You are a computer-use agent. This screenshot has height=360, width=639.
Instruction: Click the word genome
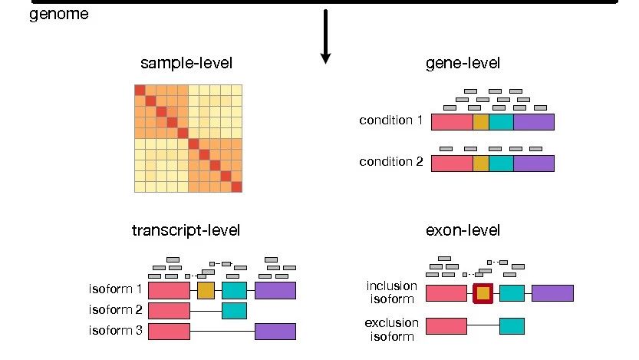click(58, 15)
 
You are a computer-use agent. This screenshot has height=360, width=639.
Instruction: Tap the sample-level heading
click(186, 64)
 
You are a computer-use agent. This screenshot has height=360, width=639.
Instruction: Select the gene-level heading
click(463, 64)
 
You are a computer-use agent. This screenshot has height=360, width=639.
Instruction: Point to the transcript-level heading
click(186, 230)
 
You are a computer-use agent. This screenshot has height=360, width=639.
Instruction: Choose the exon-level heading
click(462, 230)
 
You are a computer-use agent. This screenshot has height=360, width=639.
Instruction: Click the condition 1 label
click(390, 121)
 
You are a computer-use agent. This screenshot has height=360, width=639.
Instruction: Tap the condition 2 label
click(390, 162)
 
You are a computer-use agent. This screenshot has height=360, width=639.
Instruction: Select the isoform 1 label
click(115, 289)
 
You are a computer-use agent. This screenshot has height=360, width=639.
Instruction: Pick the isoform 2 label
click(115, 310)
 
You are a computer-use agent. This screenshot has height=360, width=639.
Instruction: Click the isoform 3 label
click(115, 331)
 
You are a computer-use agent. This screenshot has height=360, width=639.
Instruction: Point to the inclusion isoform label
click(392, 292)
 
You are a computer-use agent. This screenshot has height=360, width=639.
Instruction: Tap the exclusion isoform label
click(391, 329)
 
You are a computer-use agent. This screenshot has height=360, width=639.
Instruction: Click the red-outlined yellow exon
click(483, 292)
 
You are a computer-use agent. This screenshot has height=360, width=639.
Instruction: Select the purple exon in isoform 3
click(275, 331)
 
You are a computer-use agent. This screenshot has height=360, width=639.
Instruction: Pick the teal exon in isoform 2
click(234, 310)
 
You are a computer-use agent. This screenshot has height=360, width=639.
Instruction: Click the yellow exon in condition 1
click(480, 121)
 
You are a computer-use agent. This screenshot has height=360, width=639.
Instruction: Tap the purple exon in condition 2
click(533, 163)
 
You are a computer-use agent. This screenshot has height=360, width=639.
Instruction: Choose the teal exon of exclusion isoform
click(512, 326)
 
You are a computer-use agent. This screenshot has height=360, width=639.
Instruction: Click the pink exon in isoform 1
click(169, 289)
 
